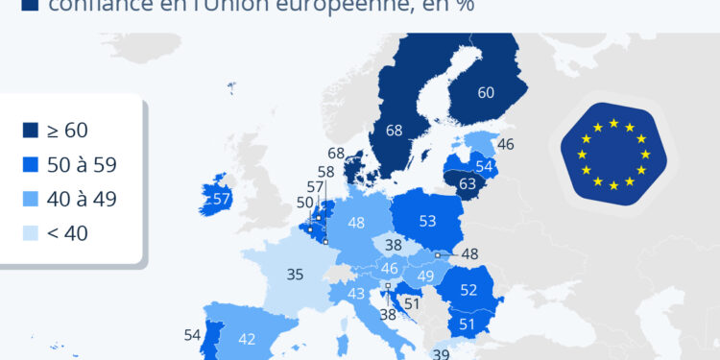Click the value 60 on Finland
click(x=486, y=93)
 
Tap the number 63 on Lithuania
click(x=468, y=183)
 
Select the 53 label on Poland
click(x=427, y=222)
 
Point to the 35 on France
click(x=296, y=275)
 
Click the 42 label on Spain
click(x=247, y=338)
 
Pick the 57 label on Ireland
click(x=223, y=200)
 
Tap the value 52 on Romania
click(x=469, y=289)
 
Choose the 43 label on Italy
click(x=356, y=294)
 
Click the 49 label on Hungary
click(x=425, y=276)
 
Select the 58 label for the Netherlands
click(x=325, y=172)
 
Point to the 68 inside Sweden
click(x=393, y=130)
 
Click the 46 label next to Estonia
click(x=506, y=145)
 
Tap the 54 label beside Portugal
click(x=191, y=335)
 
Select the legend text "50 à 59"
click(x=81, y=165)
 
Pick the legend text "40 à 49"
click(x=81, y=199)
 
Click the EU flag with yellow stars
click(x=612, y=154)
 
